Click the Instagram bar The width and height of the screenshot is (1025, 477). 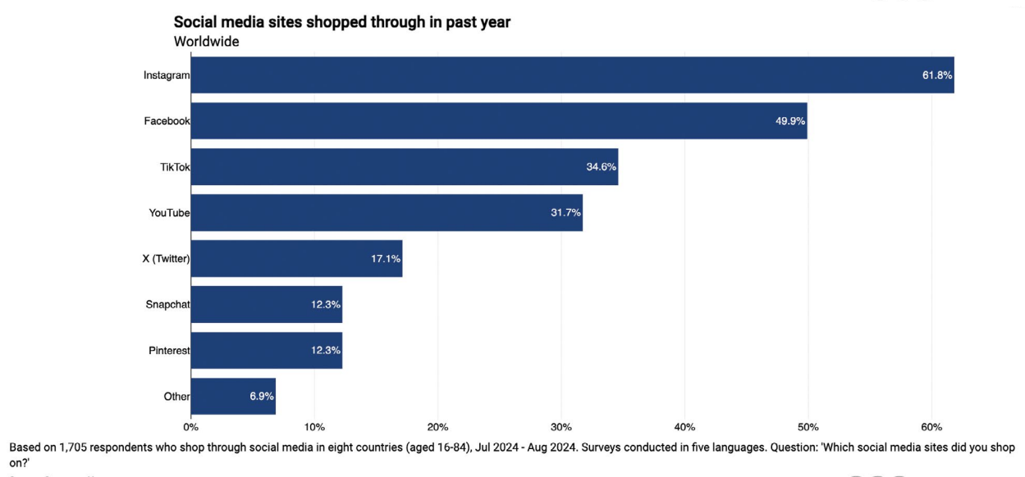pos(572,75)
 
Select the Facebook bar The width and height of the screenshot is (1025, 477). pos(499,121)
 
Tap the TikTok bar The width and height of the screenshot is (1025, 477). pos(405,167)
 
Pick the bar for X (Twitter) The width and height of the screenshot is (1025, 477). pos(296,259)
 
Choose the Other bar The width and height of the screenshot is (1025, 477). pos(233,397)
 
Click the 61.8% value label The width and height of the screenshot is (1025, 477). pos(936,75)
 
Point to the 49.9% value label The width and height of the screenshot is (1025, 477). pos(790,121)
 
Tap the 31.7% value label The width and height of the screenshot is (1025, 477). pos(565,213)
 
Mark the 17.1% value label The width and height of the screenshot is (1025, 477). pos(385,259)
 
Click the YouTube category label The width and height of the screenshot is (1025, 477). pos(169,213)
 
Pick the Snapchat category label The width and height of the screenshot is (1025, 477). pos(167,305)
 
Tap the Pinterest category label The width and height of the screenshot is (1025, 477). pos(168,351)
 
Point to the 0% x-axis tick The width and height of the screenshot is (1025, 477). pos(190,427)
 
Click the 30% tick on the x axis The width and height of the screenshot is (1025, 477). pos(561,427)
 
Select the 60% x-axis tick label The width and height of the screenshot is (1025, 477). pos(931,427)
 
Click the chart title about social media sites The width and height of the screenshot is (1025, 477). pos(342,22)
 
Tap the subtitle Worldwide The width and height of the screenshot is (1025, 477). pos(206,41)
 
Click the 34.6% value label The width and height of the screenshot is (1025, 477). pos(602,167)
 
